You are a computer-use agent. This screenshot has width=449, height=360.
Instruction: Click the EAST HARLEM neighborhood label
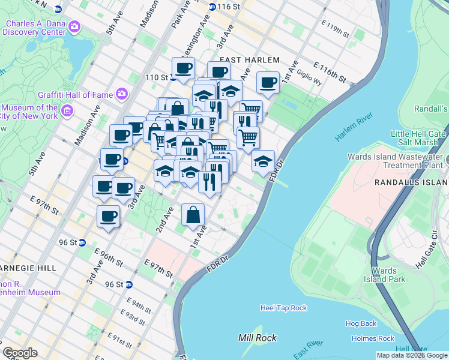[250, 60]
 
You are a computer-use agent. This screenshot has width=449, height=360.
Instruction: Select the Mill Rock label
[258, 338]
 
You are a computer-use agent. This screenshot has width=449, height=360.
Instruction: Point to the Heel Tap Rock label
[283, 308]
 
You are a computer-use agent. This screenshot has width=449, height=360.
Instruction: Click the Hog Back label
[361, 323]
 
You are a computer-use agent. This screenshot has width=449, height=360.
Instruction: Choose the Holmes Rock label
[373, 338]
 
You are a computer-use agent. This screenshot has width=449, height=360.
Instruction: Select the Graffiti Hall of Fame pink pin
[122, 93]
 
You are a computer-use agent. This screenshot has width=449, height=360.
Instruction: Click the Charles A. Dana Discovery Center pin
[74, 26]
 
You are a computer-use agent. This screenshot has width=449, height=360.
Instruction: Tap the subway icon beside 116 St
[212, 7]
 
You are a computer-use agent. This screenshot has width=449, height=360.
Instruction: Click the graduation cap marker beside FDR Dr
[263, 161]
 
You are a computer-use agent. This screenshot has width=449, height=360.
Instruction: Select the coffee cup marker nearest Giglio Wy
[268, 83]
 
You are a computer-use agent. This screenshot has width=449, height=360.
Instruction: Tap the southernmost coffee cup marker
[109, 217]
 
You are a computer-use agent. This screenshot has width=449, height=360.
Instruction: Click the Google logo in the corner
[20, 353]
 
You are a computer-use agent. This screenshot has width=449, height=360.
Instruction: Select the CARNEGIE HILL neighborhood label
[28, 268]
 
